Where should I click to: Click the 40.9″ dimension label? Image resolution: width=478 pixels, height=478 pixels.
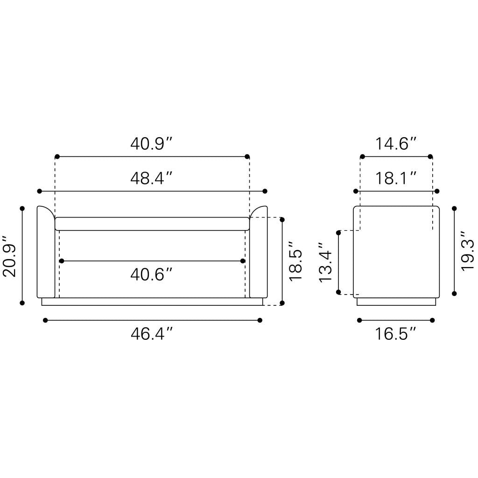(152, 144)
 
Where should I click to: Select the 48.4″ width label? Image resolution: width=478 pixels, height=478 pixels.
(152, 178)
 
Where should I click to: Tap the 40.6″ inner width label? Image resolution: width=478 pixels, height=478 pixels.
(152, 274)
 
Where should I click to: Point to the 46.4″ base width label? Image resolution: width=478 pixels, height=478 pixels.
(152, 333)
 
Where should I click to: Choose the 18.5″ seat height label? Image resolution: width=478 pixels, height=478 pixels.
(295, 261)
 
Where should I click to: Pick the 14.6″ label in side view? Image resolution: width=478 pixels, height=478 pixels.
(395, 144)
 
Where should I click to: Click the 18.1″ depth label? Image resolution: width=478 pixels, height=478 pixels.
(395, 178)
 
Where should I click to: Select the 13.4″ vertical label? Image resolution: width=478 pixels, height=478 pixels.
(325, 262)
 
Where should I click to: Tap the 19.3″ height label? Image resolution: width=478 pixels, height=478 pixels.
(467, 251)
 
